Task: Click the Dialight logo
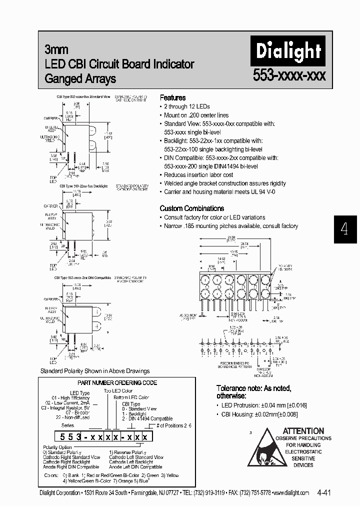(x=288, y=51)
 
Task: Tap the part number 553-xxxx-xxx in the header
(x=289, y=76)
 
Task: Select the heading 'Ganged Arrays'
(x=80, y=78)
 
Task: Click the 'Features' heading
(x=172, y=97)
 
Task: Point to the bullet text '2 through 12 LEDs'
(x=187, y=106)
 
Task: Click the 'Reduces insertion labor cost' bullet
(x=198, y=175)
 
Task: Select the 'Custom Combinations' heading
(x=191, y=208)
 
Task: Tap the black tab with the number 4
(x=344, y=229)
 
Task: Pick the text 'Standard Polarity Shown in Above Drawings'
(x=95, y=371)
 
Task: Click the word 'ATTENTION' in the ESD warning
(x=303, y=430)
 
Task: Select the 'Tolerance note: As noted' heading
(x=253, y=388)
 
